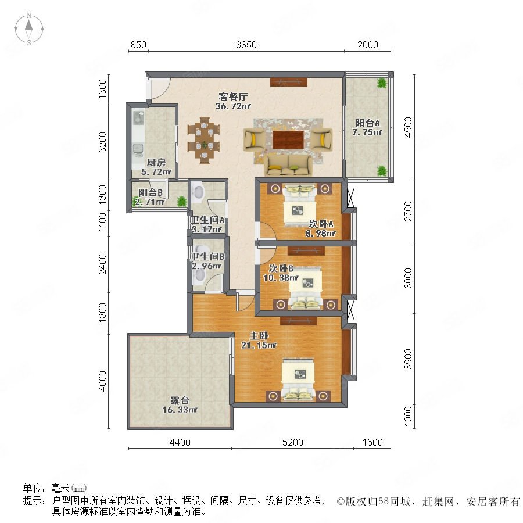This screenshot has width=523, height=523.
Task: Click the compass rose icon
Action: pyautogui.click(x=29, y=29)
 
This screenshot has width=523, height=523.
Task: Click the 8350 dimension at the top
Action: pyautogui.click(x=246, y=45)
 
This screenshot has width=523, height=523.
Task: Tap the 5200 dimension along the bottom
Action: pyautogui.click(x=292, y=442)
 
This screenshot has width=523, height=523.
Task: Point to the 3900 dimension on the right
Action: pyautogui.click(x=408, y=359)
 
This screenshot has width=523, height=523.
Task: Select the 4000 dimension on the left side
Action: pyautogui.click(x=102, y=381)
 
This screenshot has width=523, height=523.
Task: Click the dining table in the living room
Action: pyautogui.click(x=203, y=140)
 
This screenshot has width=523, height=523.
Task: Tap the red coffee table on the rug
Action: pyautogui.click(x=288, y=139)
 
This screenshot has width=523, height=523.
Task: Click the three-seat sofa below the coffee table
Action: pyautogui.click(x=288, y=166)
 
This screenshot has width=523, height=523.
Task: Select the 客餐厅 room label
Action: pyautogui.click(x=233, y=96)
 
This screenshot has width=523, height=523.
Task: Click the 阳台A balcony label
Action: pyautogui.click(x=368, y=123)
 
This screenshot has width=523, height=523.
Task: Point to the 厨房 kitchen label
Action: pyautogui.click(x=156, y=163)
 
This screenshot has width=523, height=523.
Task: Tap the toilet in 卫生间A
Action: pyautogui.click(x=198, y=191)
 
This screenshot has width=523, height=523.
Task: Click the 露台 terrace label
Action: pyautogui.click(x=180, y=400)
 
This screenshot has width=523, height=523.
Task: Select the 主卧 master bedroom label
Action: pyautogui.click(x=259, y=335)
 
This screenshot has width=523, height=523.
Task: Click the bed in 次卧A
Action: pyautogui.click(x=299, y=205)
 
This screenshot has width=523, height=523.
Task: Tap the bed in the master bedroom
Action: pyautogui.click(x=298, y=379)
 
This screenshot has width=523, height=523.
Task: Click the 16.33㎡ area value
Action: pyautogui.click(x=180, y=410)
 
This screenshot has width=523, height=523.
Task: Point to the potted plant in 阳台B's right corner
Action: pyautogui.click(x=182, y=201)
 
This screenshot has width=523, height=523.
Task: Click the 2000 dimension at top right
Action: pyautogui.click(x=368, y=45)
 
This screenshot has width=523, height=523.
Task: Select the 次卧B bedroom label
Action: pyautogui.click(x=281, y=268)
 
